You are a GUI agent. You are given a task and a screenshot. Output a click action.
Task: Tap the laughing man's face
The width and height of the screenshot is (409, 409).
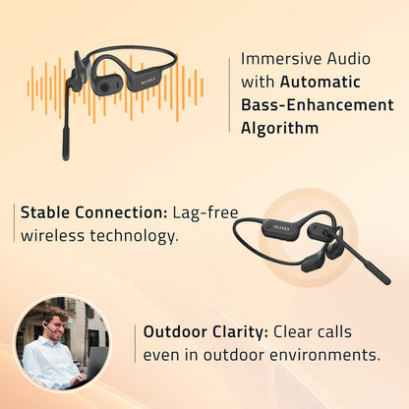(57, 324)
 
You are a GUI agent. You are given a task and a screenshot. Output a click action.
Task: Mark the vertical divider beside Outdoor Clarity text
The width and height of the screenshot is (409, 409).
(135, 342)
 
